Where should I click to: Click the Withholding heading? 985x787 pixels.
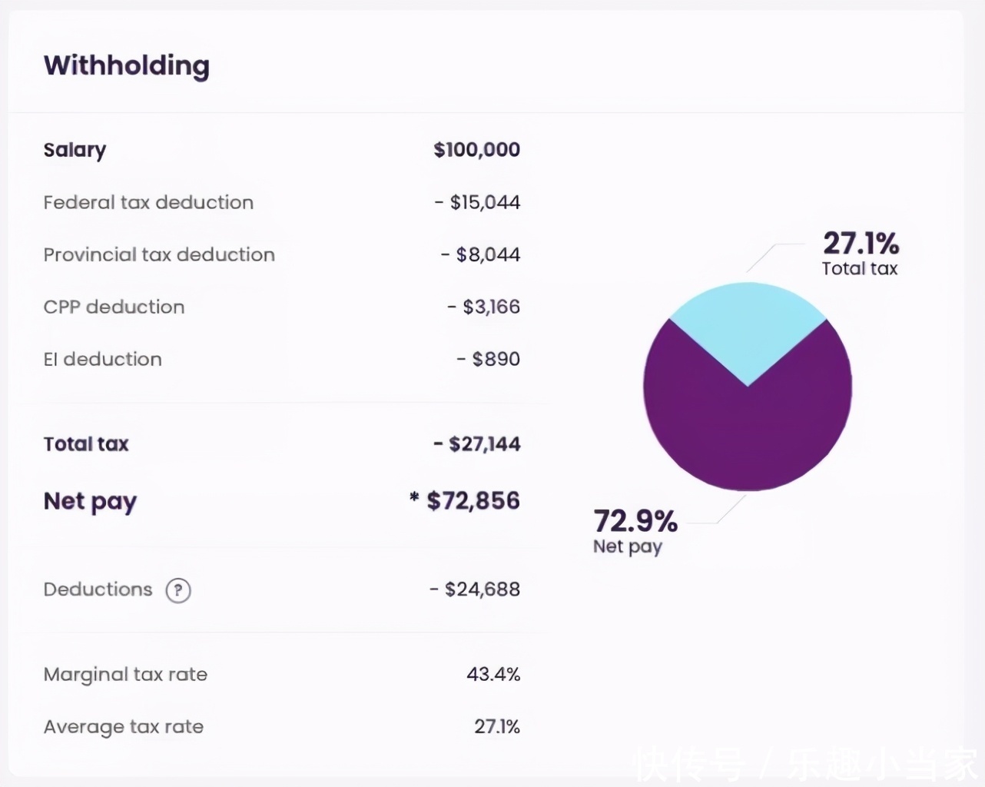point(126,66)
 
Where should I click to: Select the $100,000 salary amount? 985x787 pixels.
point(476,150)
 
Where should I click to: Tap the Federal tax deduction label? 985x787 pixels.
point(148,202)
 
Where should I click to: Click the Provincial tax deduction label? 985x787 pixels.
point(159,254)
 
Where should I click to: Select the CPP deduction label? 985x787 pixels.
point(114,307)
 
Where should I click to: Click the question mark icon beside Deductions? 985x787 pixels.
point(178,590)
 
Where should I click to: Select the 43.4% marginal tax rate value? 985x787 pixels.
point(493,674)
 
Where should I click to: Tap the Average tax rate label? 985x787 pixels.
point(124,726)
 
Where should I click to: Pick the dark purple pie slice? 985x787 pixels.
point(747,438)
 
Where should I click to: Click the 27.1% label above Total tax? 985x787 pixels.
point(861,244)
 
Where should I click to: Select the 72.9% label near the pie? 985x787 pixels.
point(635,521)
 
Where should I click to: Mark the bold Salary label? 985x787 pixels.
point(75,150)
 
